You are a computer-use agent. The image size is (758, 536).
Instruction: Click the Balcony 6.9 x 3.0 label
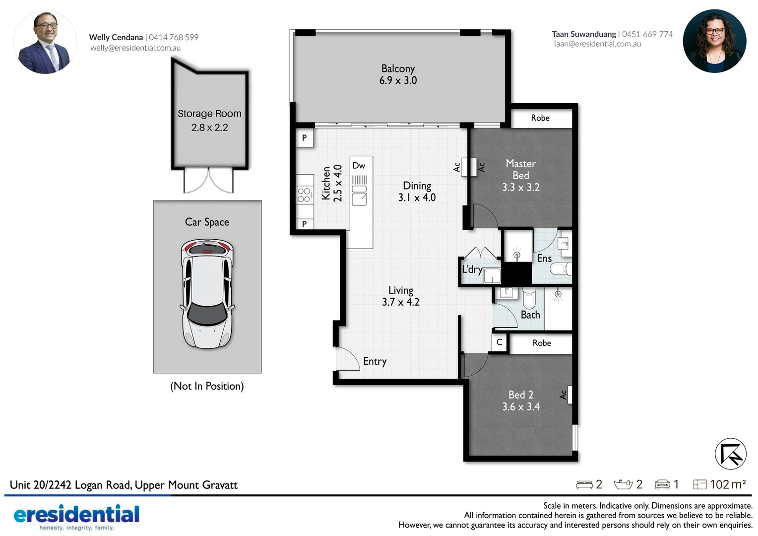[x=398, y=74]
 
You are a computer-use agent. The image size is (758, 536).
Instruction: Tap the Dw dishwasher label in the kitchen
[x=359, y=166]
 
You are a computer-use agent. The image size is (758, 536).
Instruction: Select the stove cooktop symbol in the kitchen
[x=304, y=195]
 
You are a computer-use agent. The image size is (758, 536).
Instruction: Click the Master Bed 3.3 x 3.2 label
[x=520, y=175]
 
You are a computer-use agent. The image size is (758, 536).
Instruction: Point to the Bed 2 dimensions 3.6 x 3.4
[x=520, y=407]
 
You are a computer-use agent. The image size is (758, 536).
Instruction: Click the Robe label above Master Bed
[x=540, y=118]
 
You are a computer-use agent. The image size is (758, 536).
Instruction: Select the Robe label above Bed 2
[x=541, y=343]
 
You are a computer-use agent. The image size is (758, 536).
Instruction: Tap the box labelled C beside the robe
[x=499, y=342]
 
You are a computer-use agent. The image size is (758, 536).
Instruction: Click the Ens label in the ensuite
[x=544, y=259]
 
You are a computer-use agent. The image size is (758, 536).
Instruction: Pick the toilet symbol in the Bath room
[x=529, y=298]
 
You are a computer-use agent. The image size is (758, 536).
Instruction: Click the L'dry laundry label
[x=472, y=269]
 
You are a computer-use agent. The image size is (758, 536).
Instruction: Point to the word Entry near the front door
[x=375, y=361]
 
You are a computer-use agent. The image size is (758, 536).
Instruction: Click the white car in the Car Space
[x=207, y=294]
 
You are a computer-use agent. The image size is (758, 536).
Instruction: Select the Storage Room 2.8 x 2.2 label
[x=209, y=121]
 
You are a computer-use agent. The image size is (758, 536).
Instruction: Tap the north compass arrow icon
[x=730, y=454]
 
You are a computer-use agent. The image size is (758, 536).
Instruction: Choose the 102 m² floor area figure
[x=727, y=484]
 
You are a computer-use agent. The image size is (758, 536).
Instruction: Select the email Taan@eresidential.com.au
[x=597, y=44]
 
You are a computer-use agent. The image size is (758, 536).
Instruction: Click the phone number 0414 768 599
[x=174, y=37]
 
